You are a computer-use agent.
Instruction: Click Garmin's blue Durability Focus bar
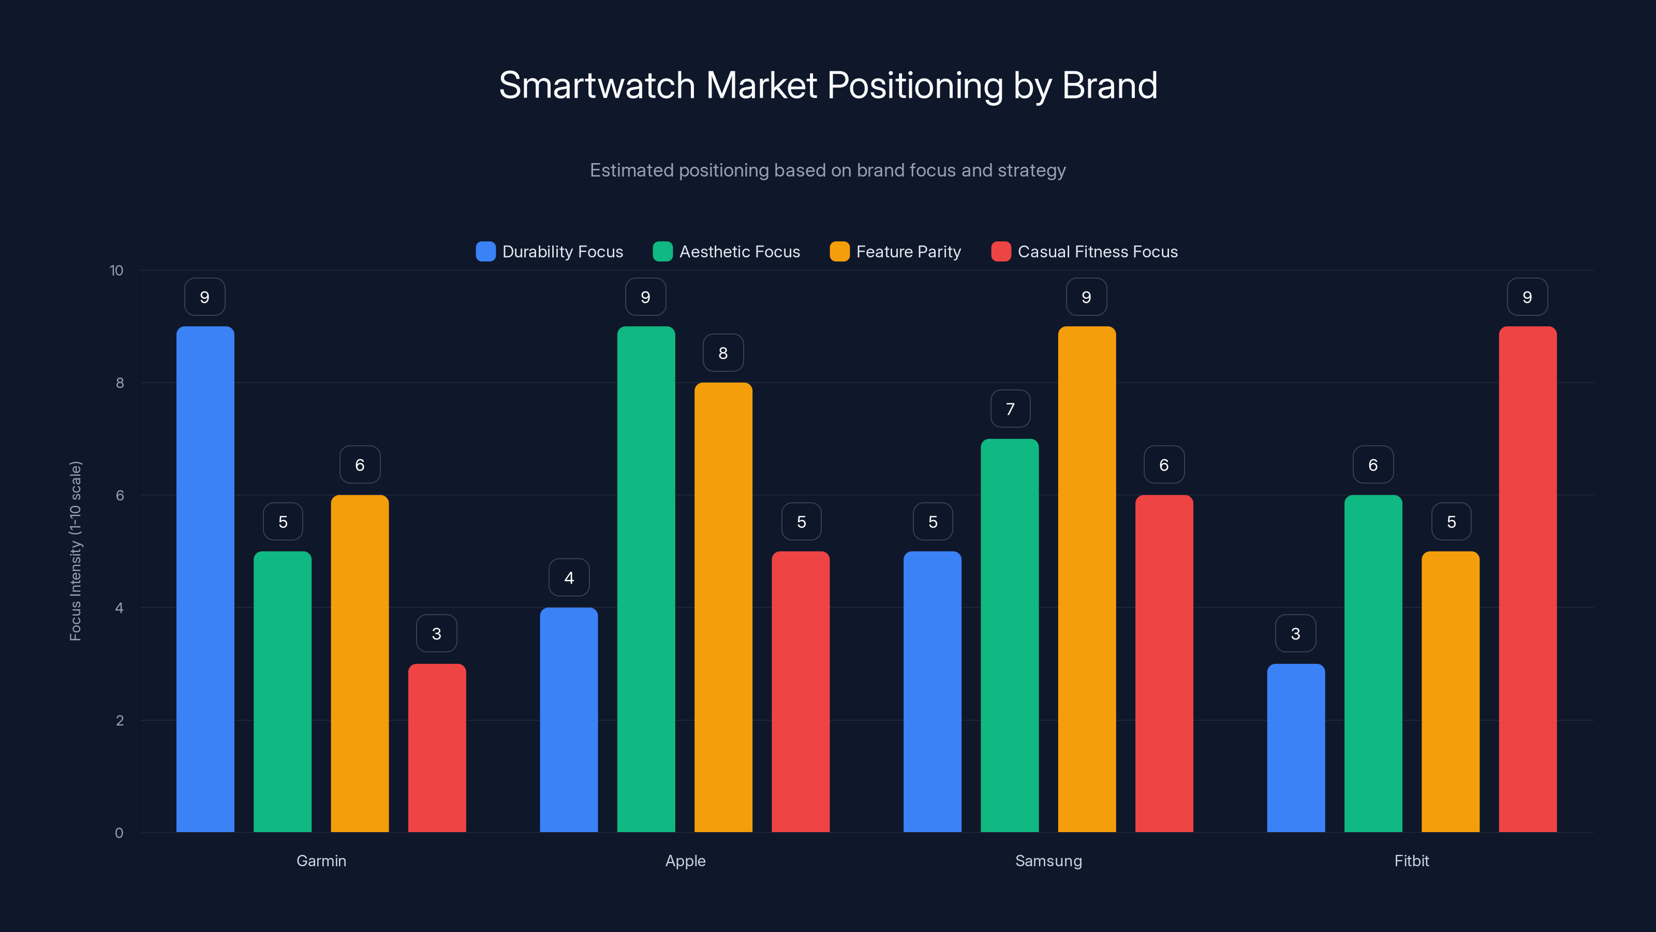pyautogui.click(x=205, y=579)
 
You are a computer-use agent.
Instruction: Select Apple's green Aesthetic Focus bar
pyautogui.click(x=646, y=579)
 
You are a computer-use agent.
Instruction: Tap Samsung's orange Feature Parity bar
pyautogui.click(x=1086, y=579)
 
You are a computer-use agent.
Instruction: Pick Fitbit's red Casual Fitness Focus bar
pyautogui.click(x=1528, y=579)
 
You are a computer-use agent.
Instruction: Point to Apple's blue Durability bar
pyautogui.click(x=569, y=720)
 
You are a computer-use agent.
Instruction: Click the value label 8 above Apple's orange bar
pyautogui.click(x=723, y=353)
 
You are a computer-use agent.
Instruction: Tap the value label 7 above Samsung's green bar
pyautogui.click(x=1010, y=409)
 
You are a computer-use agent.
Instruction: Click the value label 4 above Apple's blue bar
pyautogui.click(x=569, y=578)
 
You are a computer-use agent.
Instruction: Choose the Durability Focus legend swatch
pyautogui.click(x=485, y=252)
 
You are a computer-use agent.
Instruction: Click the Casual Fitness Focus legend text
pyautogui.click(x=1097, y=252)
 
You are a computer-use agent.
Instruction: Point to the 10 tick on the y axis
pyautogui.click(x=116, y=270)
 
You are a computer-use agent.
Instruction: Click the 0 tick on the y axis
pyautogui.click(x=119, y=833)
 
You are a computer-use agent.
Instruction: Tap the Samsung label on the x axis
pyautogui.click(x=1048, y=861)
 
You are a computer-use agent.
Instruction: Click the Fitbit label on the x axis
pyautogui.click(x=1411, y=861)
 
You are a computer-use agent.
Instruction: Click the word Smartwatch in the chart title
pyautogui.click(x=597, y=85)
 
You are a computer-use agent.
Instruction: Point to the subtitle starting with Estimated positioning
pyautogui.click(x=828, y=170)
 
